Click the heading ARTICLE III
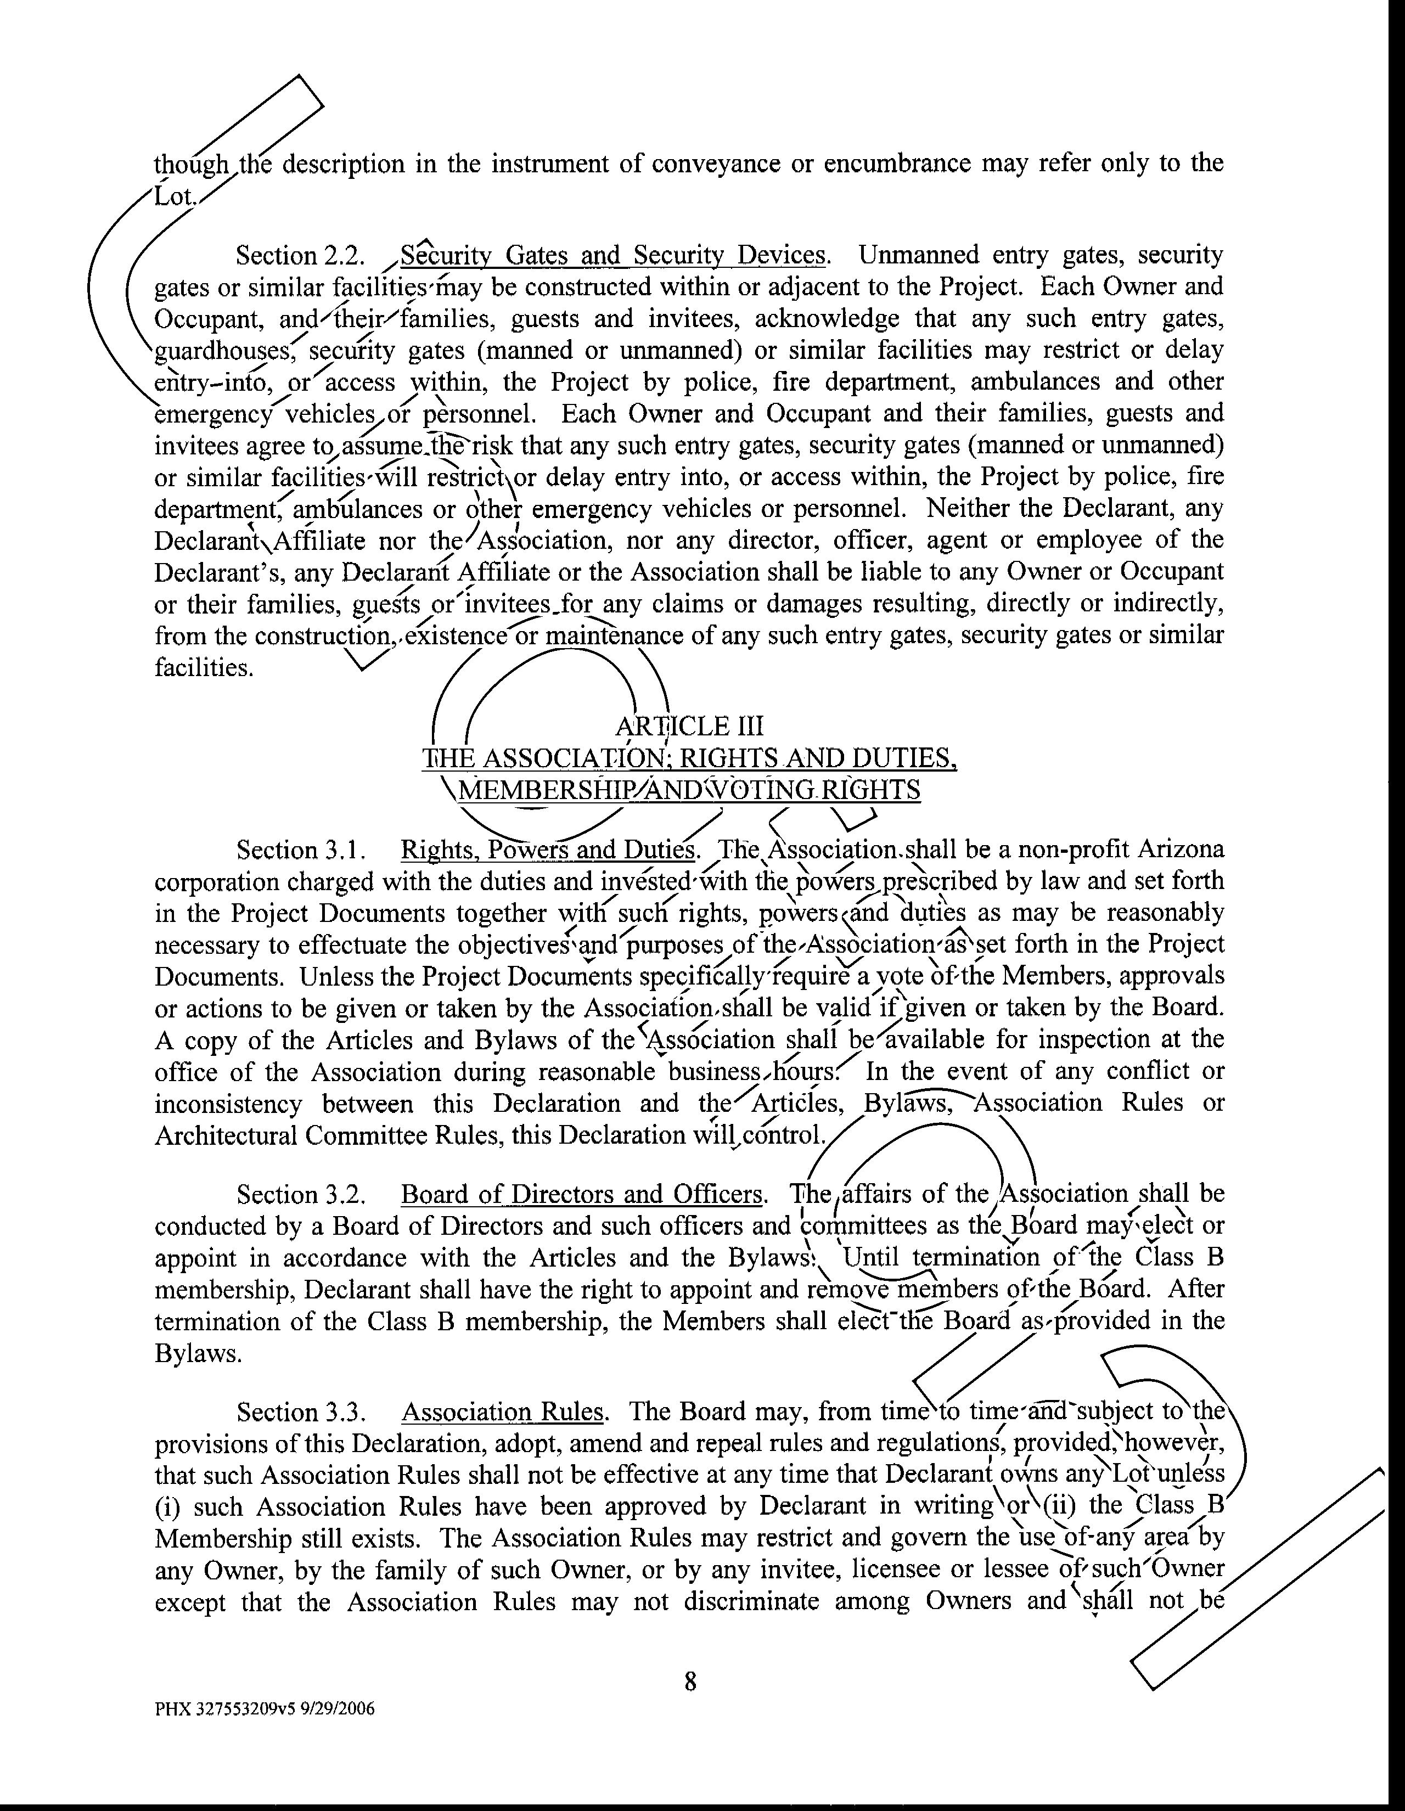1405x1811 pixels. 689,727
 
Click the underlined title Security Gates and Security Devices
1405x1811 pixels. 613,255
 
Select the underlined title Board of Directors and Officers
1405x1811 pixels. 581,1195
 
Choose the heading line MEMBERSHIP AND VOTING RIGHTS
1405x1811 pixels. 689,790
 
